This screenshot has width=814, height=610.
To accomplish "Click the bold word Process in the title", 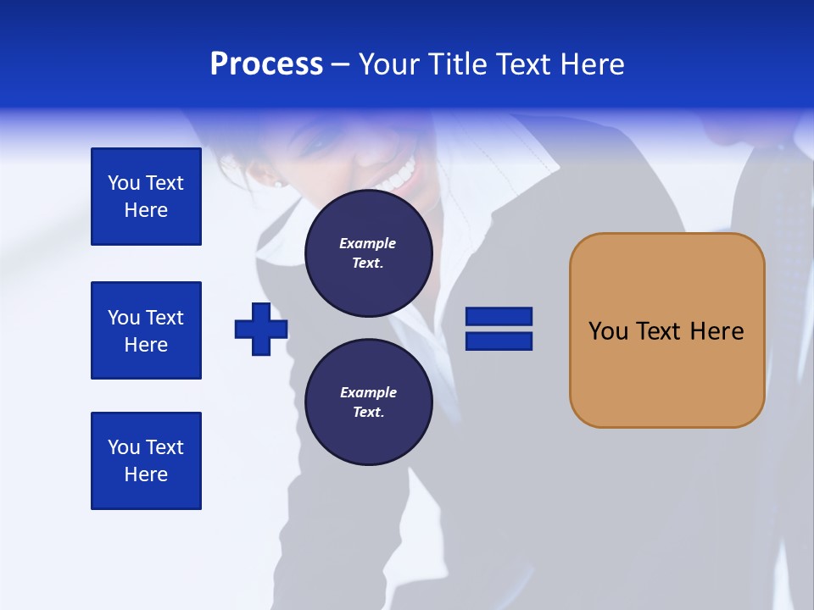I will tap(266, 64).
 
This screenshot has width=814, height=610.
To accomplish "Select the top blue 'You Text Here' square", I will tap(146, 197).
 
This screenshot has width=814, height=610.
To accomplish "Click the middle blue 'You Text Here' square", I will tap(146, 330).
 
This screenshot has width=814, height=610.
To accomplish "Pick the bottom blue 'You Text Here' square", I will tap(146, 461).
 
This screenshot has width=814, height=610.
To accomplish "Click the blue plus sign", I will tap(261, 329).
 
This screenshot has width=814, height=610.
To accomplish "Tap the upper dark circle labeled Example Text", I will tap(368, 253).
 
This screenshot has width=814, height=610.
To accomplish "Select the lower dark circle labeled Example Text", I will tap(368, 402).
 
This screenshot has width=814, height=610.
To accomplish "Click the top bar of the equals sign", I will tap(499, 317).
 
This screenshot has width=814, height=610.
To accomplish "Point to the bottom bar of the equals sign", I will tap(499, 341).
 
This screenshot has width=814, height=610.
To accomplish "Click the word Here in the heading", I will tap(592, 64).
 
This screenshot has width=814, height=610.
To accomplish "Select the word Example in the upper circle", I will tap(368, 243).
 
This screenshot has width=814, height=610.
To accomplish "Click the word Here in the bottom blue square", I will tap(146, 474).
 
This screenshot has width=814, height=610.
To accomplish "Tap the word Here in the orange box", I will tap(716, 331).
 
